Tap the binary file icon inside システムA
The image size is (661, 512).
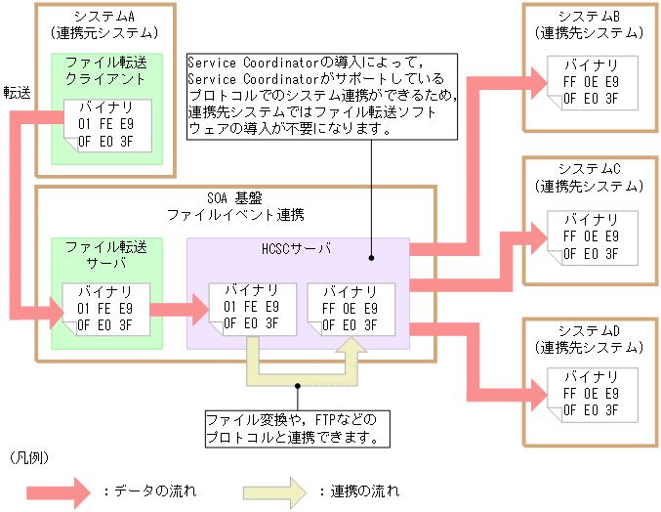[105, 124]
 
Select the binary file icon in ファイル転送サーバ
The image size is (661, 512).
[105, 308]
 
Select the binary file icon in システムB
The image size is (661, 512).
[591, 82]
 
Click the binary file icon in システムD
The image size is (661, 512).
[591, 395]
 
